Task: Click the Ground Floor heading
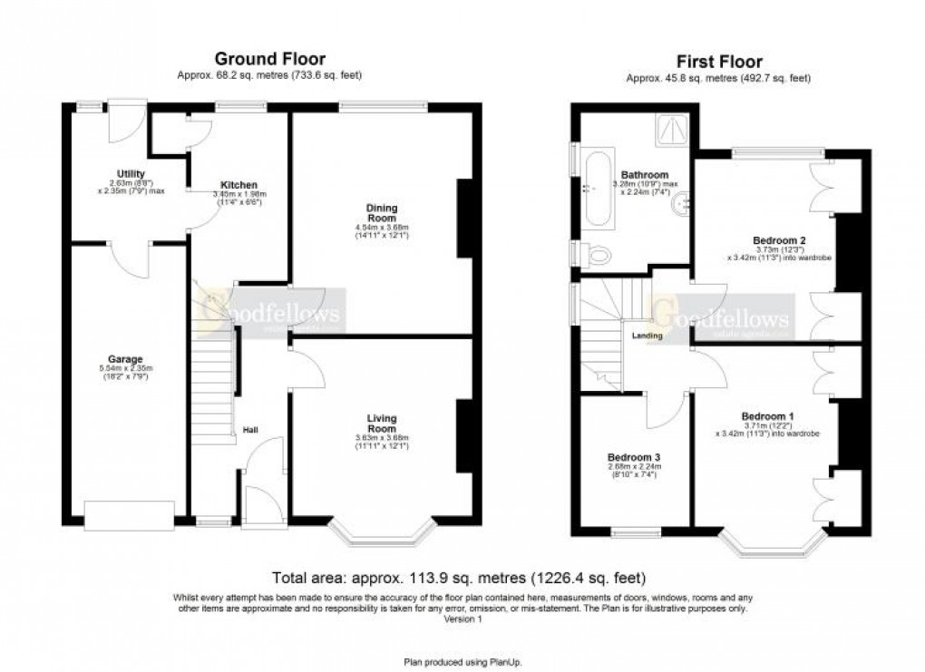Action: coord(268,60)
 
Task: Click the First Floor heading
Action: coord(719,63)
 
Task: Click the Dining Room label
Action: coord(381,212)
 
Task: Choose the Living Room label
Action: coord(381,423)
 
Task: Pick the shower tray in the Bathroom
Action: coord(672,132)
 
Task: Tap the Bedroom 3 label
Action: coord(634,456)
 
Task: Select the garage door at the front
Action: coord(128,515)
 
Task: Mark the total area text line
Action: coord(461,578)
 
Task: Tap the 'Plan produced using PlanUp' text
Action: coord(462,661)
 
